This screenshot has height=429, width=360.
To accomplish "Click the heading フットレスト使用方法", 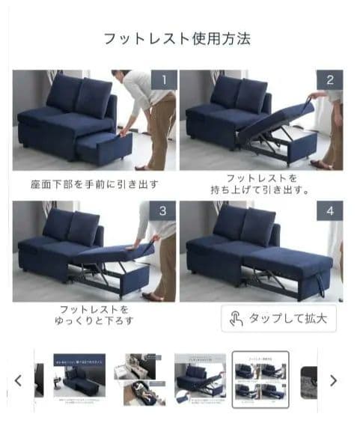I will pyautogui.click(x=177, y=37).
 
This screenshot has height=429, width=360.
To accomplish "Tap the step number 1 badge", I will pyautogui.click(x=162, y=80).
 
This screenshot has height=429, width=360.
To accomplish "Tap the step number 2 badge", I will pyautogui.click(x=330, y=80).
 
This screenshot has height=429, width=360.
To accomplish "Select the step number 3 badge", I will pyautogui.click(x=162, y=211).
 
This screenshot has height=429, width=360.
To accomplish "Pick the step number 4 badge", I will pyautogui.click(x=330, y=211).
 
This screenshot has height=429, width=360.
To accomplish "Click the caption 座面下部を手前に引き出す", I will pyautogui.click(x=94, y=183).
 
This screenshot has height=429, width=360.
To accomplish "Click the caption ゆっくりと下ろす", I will pyautogui.click(x=94, y=321).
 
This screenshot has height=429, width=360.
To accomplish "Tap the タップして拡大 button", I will pyautogui.click(x=279, y=318).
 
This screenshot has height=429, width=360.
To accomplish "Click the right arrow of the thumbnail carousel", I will pyautogui.click(x=334, y=380).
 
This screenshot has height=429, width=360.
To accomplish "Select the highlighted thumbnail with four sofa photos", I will pyautogui.click(x=261, y=380).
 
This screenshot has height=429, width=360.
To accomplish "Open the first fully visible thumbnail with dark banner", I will pyautogui.click(x=79, y=380).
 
